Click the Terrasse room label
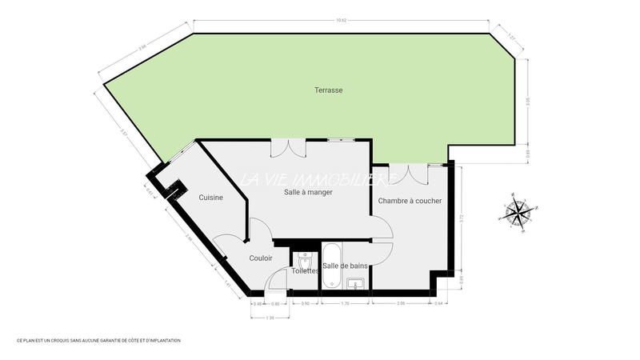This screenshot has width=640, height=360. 328,90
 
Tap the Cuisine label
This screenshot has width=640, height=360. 210,198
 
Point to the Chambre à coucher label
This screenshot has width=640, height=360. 410,201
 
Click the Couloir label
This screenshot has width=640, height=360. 261,258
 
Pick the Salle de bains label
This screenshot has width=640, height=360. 346,266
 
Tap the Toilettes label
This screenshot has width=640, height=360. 306,271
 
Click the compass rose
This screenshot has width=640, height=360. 519,213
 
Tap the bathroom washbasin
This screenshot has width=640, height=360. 356,282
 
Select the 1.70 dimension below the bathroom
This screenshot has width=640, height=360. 345,304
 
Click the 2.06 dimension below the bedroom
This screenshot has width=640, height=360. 400,304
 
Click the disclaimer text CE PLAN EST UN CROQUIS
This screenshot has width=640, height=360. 98,341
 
